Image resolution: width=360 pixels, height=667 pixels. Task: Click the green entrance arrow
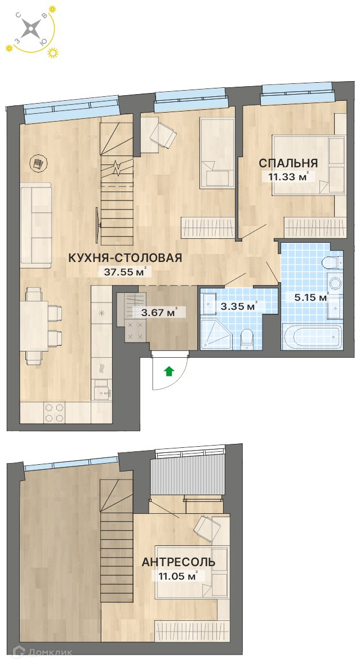170,371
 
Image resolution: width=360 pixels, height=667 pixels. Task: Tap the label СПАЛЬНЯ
288,163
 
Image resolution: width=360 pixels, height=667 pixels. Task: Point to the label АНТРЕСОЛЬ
178,562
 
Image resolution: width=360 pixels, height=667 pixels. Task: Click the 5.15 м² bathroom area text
312,297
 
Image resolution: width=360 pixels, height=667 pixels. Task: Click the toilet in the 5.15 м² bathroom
332,263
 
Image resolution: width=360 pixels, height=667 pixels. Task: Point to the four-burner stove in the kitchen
55,412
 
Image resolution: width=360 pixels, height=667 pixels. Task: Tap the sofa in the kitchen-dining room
35,225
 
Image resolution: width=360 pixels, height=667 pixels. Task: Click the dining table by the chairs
34,326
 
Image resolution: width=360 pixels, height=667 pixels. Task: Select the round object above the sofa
39,162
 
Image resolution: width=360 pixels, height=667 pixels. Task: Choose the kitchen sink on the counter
102,390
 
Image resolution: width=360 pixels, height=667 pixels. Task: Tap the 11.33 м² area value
288,176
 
